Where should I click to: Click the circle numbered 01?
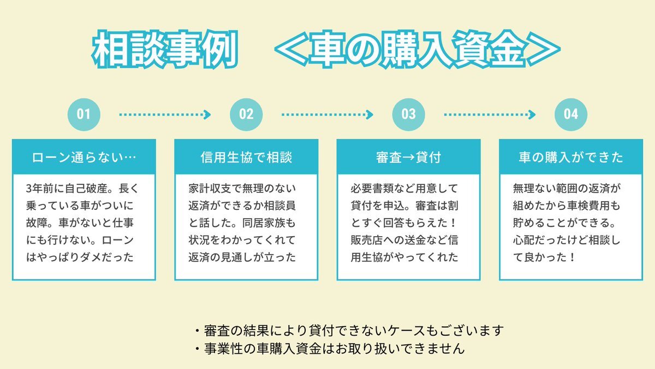click(84, 114)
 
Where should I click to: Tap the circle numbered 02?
click(246, 114)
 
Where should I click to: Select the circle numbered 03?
click(408, 114)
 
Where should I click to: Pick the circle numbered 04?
click(571, 114)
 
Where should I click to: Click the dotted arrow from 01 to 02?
click(165, 114)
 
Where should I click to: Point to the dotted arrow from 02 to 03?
click(327, 114)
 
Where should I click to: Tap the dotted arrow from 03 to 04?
click(490, 114)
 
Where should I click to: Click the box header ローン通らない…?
click(84, 157)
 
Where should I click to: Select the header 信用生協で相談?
click(246, 157)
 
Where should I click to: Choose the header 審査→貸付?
click(408, 157)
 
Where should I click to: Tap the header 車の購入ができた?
click(571, 157)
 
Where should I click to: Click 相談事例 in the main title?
click(165, 49)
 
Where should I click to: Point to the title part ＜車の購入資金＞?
click(418, 49)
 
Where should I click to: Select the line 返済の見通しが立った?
click(242, 257)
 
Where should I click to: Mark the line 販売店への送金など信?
click(404, 240)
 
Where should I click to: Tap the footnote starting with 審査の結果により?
click(349, 331)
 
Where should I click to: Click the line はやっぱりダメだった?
click(80, 257)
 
